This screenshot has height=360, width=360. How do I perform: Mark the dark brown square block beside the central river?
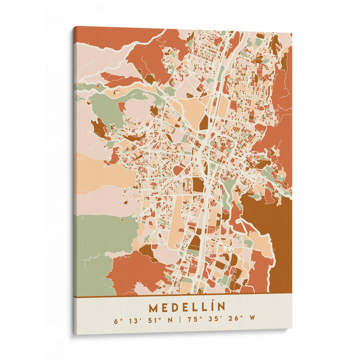point(198,184)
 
